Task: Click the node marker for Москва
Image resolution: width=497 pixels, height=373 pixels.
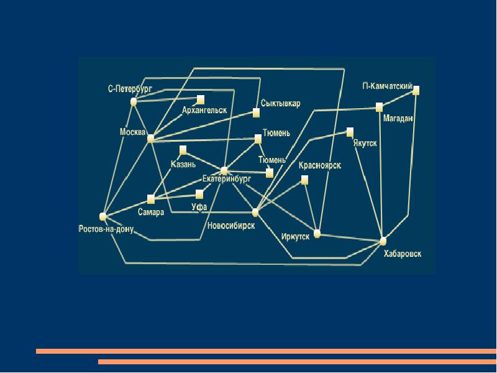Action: (x=150, y=138)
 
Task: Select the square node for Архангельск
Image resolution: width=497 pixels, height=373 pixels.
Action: (x=200, y=99)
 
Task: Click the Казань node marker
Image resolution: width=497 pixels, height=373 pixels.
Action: (x=183, y=150)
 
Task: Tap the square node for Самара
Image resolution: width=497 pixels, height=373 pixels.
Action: (x=150, y=199)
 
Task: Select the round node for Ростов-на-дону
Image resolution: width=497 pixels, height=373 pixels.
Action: (x=103, y=216)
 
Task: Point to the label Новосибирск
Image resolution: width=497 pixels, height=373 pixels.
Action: (x=231, y=226)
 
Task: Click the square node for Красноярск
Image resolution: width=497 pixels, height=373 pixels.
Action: (x=304, y=180)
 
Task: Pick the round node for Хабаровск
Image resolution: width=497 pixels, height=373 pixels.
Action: (x=383, y=241)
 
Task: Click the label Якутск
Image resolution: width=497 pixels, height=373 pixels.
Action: (x=365, y=143)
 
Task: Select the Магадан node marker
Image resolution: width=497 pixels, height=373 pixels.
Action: (x=379, y=107)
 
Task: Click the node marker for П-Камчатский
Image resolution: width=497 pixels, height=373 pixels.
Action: (x=416, y=90)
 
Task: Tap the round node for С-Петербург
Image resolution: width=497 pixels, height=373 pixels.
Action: (x=134, y=101)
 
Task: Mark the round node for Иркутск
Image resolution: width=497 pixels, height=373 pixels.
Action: (x=317, y=234)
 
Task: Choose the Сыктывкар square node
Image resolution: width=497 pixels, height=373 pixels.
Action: (x=255, y=113)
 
